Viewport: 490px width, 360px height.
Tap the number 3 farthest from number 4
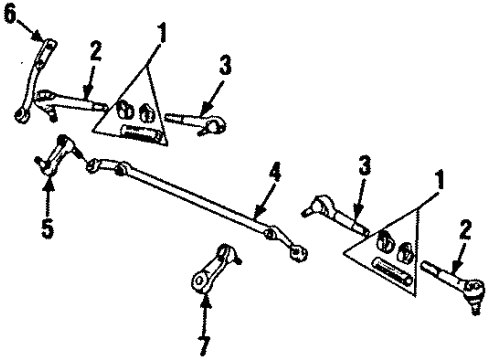(224, 69)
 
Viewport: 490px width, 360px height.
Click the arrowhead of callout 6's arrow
(44, 40)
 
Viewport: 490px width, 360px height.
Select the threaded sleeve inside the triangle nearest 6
(136, 129)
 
